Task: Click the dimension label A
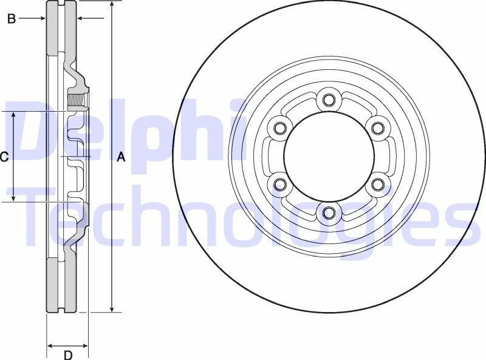coord(120,157)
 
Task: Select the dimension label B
coord(11,19)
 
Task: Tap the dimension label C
coord(4,157)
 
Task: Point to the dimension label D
coord(68,355)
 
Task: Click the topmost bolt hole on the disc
coord(329,99)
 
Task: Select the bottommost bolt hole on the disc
coord(329,212)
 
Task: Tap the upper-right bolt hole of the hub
coord(378,127)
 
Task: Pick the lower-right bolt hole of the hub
coord(378,184)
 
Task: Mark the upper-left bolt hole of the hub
coord(279,127)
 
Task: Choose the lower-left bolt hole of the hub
coord(279,184)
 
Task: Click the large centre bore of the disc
coord(329,155)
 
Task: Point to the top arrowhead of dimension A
coord(112,5)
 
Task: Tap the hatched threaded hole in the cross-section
coord(76,100)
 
